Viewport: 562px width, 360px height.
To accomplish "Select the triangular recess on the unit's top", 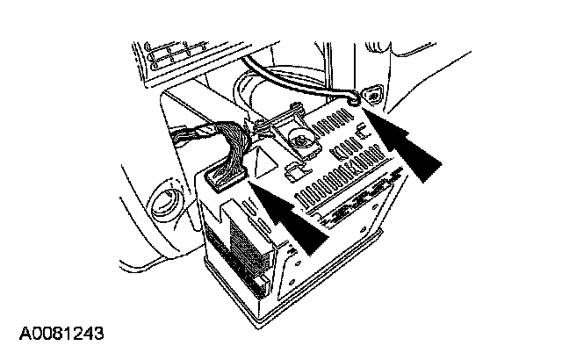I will point(263,163).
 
